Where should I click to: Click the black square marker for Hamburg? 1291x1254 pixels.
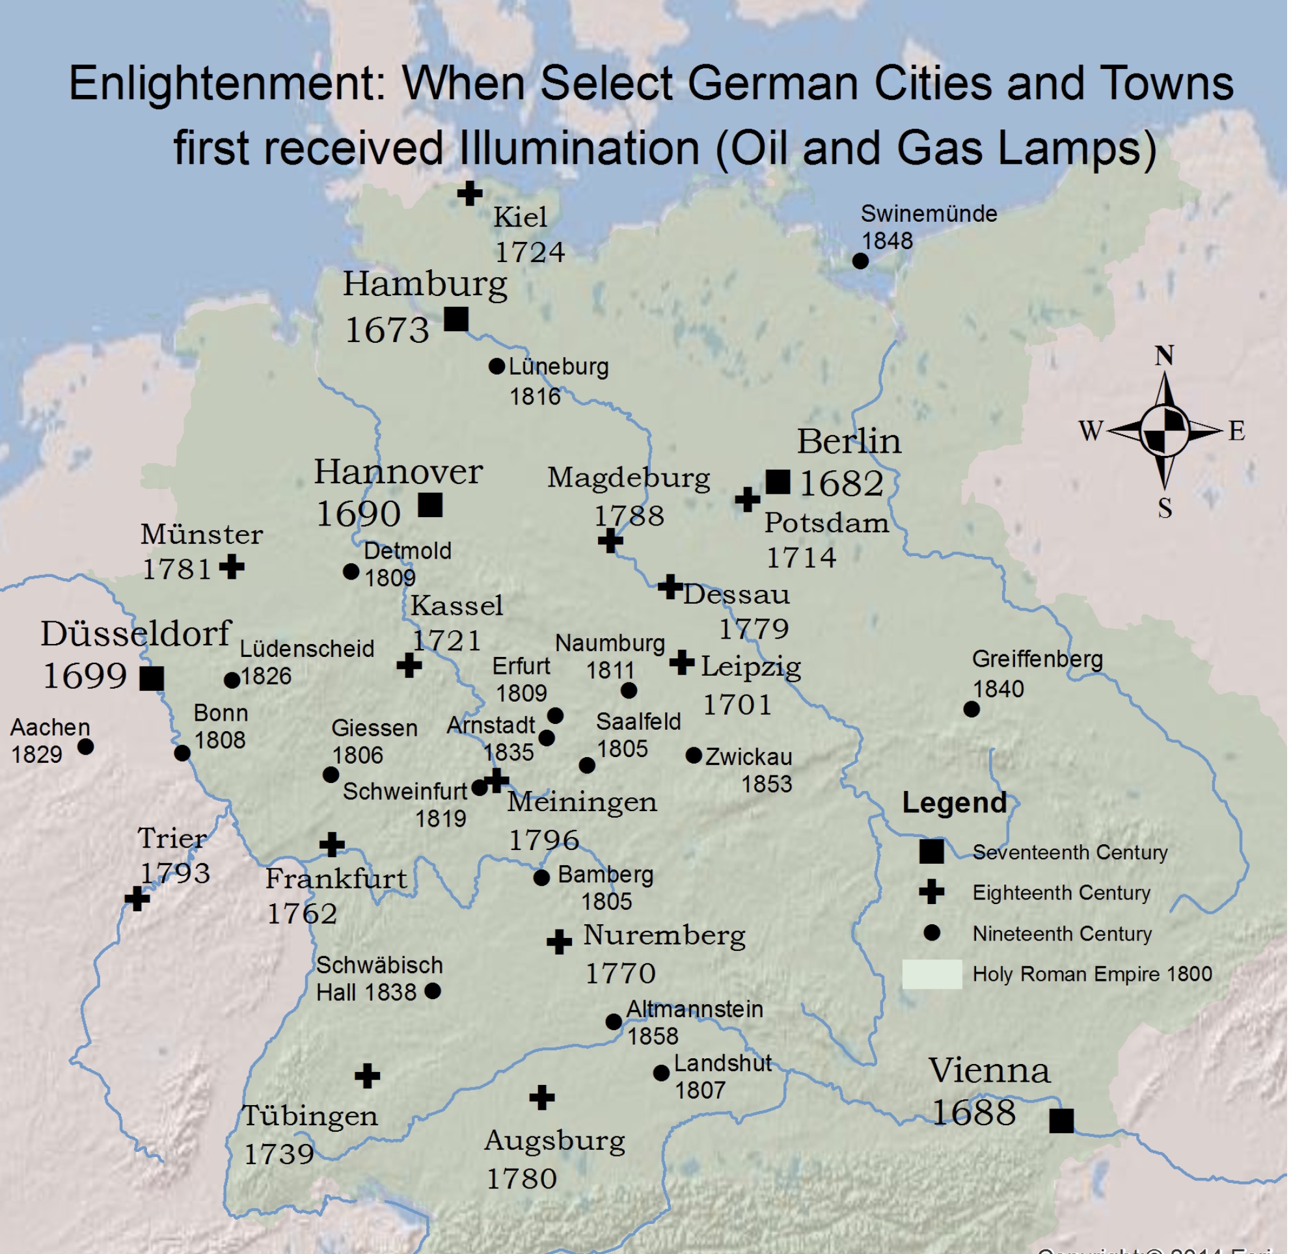(457, 319)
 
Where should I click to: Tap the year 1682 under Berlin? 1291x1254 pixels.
(842, 484)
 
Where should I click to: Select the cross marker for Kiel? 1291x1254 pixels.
(470, 194)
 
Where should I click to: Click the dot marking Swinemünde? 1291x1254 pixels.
(861, 261)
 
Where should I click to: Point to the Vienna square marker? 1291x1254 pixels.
(1062, 1120)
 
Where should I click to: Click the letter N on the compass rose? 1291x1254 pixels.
(1165, 356)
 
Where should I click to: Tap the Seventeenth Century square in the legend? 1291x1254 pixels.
(932, 851)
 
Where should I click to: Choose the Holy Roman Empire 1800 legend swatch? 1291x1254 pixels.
(932, 974)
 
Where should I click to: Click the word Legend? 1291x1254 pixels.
(954, 803)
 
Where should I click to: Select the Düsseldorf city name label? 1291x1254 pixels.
(136, 634)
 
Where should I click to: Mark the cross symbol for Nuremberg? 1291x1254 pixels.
(560, 942)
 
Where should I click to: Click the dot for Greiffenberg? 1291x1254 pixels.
(972, 710)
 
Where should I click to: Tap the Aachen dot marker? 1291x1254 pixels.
(86, 747)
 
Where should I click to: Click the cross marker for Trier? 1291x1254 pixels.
(137, 898)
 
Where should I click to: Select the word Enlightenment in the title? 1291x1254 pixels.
(226, 84)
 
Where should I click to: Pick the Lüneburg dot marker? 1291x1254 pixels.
(497, 366)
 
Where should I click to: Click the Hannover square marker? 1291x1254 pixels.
(430, 505)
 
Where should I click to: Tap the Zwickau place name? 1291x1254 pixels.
(748, 756)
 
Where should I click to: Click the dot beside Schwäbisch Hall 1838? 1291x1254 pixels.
(433, 991)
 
